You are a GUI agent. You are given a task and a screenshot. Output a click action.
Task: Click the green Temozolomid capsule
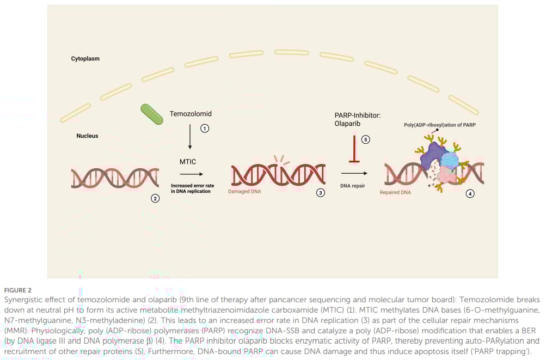[152, 114]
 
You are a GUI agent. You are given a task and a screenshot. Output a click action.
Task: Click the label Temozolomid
[191, 114]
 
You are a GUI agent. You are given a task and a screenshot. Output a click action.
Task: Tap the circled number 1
[205, 129]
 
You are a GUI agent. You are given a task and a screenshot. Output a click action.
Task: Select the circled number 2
[155, 198]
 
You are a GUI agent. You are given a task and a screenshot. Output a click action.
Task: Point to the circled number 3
[321, 193]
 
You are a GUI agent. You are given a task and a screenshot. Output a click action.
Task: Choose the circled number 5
[366, 139]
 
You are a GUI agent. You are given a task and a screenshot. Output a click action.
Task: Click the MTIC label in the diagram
[188, 161]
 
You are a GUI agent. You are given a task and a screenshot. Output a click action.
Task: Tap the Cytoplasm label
[85, 58]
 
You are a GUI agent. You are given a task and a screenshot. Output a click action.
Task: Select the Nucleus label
[87, 136]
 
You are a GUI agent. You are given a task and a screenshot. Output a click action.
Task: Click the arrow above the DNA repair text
[353, 173]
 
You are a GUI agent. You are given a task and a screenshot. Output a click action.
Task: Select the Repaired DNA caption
[395, 192]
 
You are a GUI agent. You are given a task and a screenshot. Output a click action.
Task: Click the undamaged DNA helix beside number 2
[115, 178]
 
